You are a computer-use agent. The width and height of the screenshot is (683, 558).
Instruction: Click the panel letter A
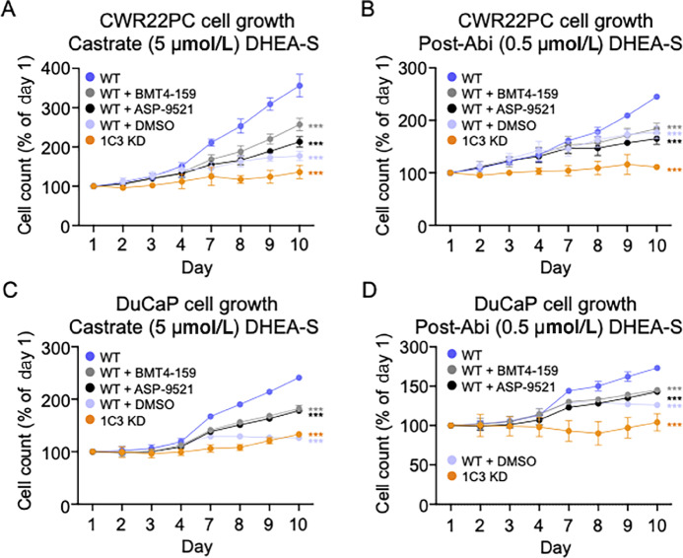7,9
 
